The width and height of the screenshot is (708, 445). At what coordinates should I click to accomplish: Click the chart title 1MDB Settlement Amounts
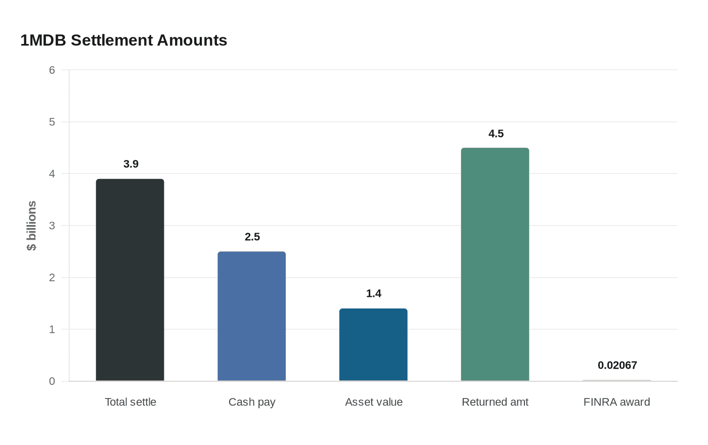point(123,40)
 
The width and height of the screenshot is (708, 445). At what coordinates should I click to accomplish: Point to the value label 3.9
point(131,164)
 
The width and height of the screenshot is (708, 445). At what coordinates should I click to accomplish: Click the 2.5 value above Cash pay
point(252,237)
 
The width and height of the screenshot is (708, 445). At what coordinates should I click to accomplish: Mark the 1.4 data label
point(374,293)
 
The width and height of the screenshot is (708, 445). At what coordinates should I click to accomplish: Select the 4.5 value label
point(496,133)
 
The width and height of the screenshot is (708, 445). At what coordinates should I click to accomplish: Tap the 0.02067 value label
point(617,365)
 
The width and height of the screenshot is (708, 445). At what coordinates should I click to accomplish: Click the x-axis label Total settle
point(130,402)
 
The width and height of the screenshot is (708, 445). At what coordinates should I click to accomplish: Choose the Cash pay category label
point(252,402)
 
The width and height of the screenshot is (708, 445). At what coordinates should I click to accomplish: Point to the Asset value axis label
point(374,402)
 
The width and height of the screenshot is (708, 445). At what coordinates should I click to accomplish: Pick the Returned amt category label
point(495,402)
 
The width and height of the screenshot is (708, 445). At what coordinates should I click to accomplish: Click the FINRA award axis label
point(617,402)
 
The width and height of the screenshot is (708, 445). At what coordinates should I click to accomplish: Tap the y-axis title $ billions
point(31,226)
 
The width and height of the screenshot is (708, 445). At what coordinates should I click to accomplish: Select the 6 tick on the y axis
point(52,70)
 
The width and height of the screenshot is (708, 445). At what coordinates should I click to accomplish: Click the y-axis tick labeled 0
point(52,381)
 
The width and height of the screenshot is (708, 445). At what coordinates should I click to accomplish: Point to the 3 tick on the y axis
point(52,226)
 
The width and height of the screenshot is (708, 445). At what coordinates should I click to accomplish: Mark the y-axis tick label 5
point(52,122)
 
